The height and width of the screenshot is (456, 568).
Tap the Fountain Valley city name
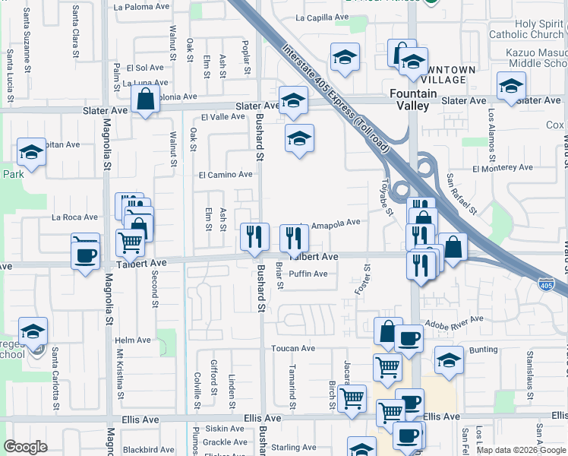tap(413, 100)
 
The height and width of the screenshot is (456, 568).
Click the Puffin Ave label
tap(308, 274)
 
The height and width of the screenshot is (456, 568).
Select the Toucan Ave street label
tap(293, 349)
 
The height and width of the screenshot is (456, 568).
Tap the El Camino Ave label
tap(226, 175)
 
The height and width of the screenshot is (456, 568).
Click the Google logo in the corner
tap(26, 448)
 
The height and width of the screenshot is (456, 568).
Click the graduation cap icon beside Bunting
tap(449, 360)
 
